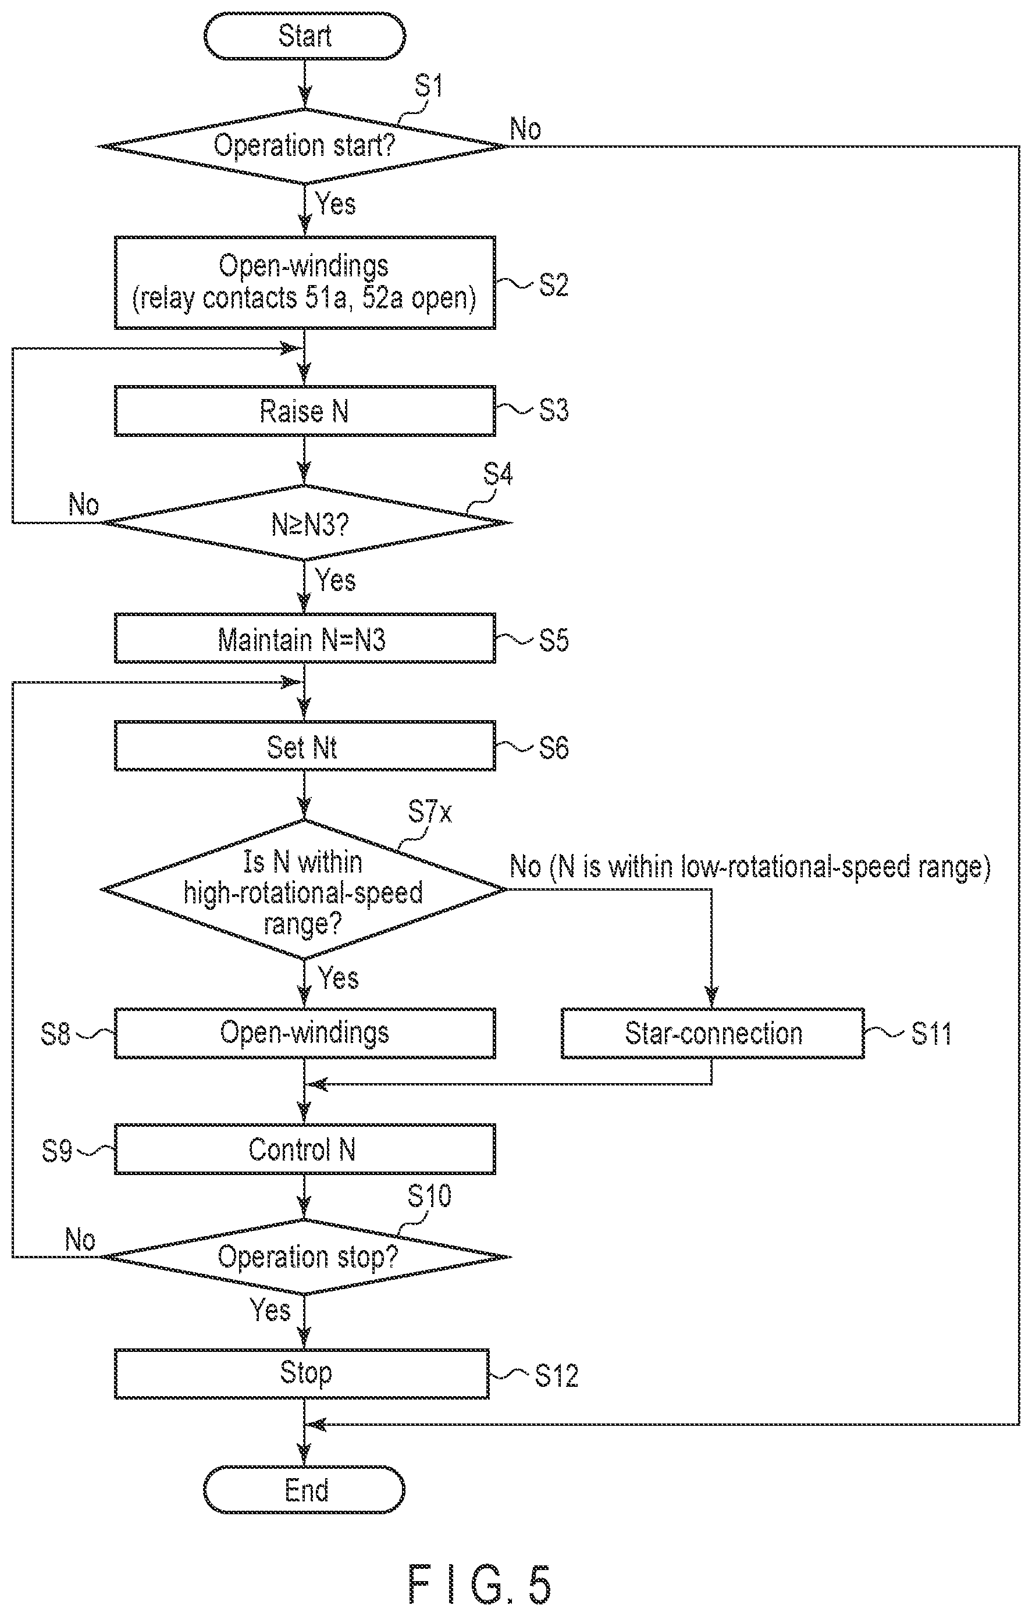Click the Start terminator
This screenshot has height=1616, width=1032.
305,35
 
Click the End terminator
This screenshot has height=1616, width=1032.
305,1490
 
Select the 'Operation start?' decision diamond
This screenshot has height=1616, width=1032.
303,145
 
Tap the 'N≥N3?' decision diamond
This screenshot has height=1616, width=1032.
306,522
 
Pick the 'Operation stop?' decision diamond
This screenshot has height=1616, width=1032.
306,1257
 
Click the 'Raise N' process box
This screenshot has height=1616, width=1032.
305,411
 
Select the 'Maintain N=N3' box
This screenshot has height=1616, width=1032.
305,638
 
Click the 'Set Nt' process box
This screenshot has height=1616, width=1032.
305,746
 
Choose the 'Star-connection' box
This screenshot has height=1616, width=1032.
713,1033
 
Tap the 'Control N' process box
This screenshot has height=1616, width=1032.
305,1149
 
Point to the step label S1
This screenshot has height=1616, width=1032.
428,86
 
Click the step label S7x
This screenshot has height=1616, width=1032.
429,812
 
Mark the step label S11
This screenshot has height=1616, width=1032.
931,1034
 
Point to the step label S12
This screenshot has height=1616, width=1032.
556,1375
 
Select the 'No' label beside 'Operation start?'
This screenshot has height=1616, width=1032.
525,128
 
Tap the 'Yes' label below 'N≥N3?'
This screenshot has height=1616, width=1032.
336,579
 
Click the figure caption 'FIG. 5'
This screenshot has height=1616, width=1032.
480,1585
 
